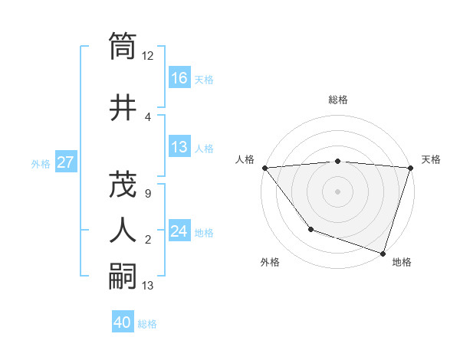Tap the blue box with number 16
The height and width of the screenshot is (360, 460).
point(179,78)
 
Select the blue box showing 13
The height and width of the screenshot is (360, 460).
point(179,147)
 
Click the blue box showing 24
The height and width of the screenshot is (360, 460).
point(179,231)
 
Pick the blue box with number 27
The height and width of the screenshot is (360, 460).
point(65,162)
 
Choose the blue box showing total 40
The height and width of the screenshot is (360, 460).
point(123,323)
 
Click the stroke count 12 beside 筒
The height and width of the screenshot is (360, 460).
point(148,56)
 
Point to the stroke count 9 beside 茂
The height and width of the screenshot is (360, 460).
point(148,194)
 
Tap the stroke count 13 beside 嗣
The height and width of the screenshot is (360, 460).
point(148,286)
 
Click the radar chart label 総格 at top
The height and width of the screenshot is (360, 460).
point(338,100)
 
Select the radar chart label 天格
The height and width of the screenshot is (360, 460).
point(431,159)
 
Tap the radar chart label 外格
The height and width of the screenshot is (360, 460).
point(270,262)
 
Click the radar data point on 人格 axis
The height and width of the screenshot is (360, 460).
point(264,168)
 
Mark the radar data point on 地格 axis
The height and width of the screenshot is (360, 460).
point(383,253)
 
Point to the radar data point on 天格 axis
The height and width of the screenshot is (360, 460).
point(410,168)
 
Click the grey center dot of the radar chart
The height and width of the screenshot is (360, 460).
point(337,191)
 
